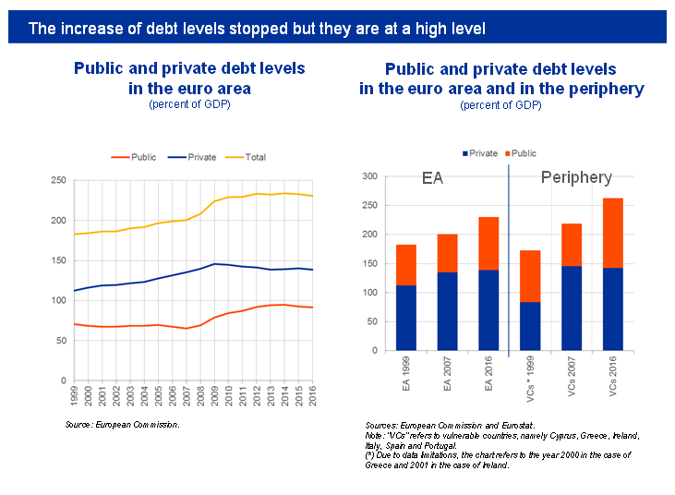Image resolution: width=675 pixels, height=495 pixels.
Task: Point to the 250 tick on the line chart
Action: (x=57, y=181)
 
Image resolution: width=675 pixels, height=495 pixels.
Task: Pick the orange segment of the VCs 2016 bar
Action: (x=613, y=233)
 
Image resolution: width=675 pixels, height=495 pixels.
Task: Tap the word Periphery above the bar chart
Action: (x=576, y=177)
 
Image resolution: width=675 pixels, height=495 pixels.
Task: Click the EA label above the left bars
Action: (x=432, y=178)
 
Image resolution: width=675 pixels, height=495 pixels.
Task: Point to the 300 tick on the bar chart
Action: (x=369, y=176)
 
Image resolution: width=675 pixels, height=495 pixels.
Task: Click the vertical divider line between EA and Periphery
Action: (x=509, y=259)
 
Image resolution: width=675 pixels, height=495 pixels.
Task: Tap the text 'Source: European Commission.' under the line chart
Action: (x=122, y=424)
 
